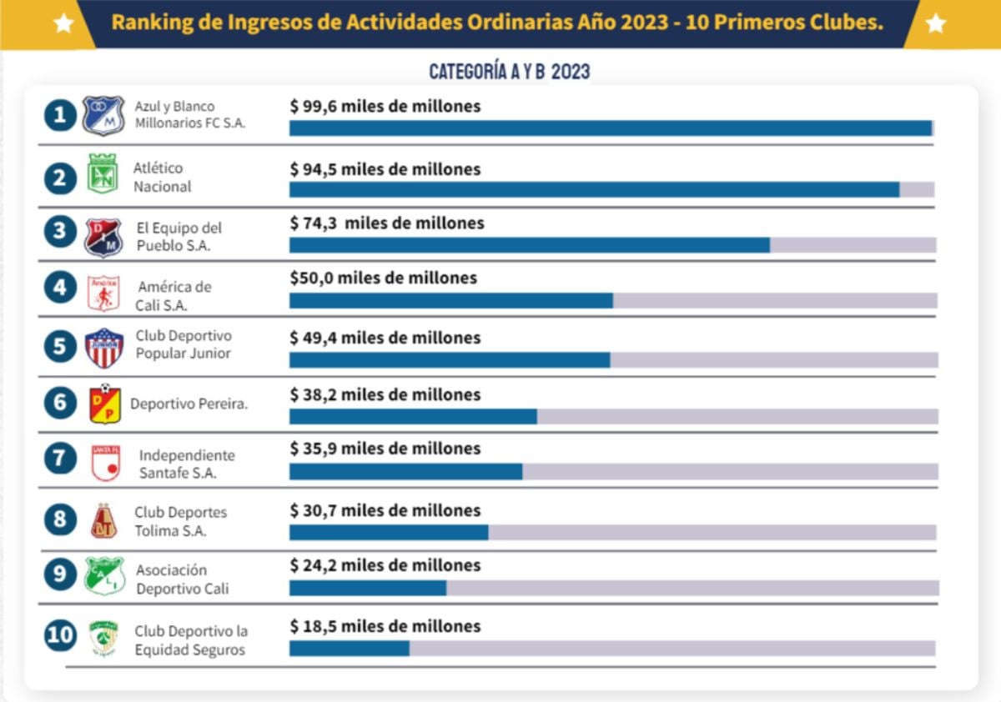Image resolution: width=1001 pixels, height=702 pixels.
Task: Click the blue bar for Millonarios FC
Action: tap(610, 128)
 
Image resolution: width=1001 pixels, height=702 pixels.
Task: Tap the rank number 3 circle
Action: tap(60, 231)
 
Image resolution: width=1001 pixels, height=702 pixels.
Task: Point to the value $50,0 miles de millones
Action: tap(383, 278)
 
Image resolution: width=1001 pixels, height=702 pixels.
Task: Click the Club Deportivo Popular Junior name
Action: tap(184, 344)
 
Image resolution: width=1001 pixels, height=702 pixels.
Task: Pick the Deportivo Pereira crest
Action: tap(105, 404)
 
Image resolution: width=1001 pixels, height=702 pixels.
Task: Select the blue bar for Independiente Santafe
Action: tap(405, 471)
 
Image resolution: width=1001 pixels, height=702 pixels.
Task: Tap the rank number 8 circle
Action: tap(60, 519)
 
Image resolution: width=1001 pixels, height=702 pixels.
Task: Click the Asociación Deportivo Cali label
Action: tap(182, 579)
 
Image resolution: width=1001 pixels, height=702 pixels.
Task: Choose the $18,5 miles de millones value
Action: tap(385, 626)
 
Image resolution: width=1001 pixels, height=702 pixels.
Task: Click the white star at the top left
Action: tap(63, 23)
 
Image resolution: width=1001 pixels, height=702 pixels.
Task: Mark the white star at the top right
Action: tap(936, 23)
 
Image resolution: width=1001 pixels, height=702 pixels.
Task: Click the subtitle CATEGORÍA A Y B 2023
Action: tap(509, 72)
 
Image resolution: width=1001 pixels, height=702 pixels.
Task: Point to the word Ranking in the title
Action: tap(147, 23)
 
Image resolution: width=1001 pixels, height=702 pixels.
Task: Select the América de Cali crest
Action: tap(104, 293)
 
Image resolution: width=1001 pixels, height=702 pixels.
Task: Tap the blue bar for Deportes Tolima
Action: tap(389, 532)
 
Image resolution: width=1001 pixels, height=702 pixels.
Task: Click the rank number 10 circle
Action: tap(60, 635)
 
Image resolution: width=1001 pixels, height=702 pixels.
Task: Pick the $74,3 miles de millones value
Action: tap(387, 223)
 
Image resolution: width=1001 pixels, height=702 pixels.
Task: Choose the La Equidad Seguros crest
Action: tap(104, 638)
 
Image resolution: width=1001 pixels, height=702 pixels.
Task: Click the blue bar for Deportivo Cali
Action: tap(368, 588)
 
